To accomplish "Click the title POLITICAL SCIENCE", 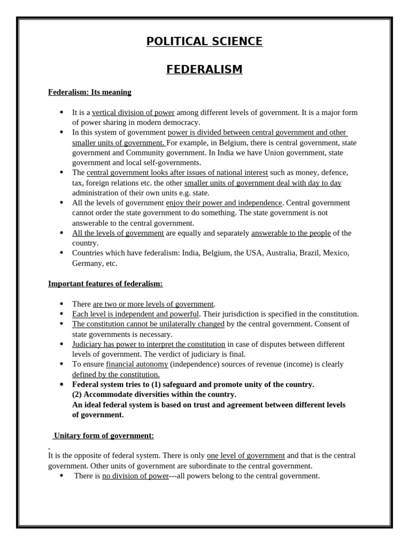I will point(204,42).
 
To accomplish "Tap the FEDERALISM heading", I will point(204,70).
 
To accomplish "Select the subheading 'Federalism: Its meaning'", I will point(89,92).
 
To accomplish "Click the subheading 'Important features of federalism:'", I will point(105,284).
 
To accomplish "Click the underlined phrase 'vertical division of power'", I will point(133,112).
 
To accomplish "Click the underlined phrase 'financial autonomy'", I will point(137,364).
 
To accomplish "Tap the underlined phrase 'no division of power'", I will point(135,476).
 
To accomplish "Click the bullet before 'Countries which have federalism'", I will point(62,253).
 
